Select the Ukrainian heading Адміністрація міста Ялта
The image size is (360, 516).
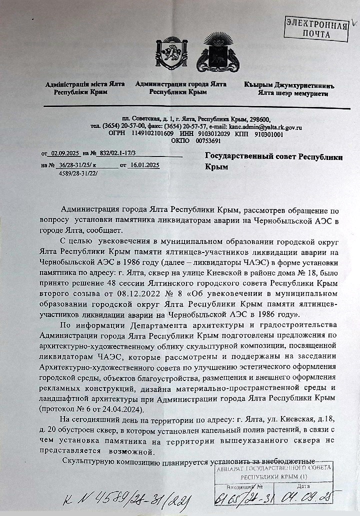coord(85,84)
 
